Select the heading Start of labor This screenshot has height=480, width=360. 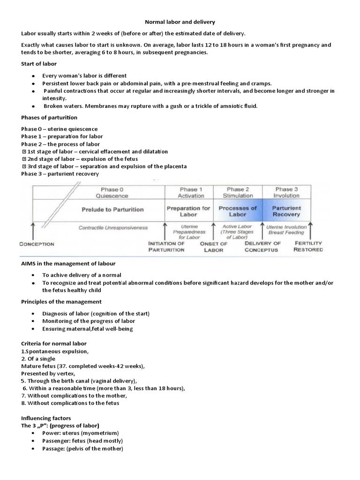coord(39,64)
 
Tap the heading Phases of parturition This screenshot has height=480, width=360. coord(49,117)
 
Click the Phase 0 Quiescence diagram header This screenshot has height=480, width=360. coord(113,193)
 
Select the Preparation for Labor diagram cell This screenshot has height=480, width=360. coord(188,211)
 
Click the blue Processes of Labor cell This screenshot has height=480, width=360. coord(238,211)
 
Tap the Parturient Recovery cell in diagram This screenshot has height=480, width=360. coord(286,211)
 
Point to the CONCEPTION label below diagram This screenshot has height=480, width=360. coord(37,244)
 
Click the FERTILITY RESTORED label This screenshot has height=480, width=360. coord(308,247)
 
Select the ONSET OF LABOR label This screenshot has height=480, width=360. coord(213,247)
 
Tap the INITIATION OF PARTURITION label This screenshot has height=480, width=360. coord(166,247)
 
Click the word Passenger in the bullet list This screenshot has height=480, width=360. coord(55,441)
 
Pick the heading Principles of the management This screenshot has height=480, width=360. coord(61,301)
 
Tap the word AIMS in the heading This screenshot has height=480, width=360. coord(30,263)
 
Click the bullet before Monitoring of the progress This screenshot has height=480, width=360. coord(33,321)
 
